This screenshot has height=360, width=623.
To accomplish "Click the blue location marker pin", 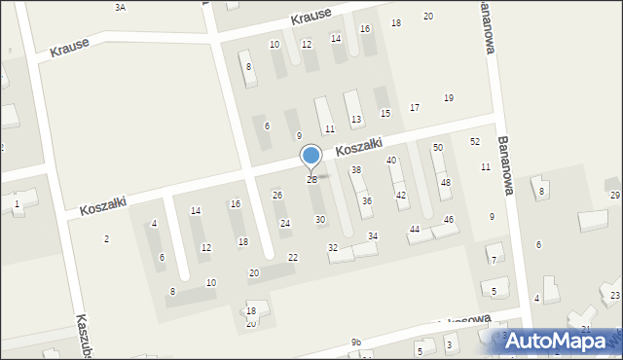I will click(311, 157).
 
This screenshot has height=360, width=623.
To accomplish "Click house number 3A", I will click(120, 7).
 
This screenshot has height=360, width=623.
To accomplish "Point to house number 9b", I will click(356, 342).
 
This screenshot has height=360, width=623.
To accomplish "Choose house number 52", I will click(475, 142).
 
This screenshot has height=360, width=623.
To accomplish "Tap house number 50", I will click(438, 147).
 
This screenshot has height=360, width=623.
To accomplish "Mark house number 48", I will click(446, 182).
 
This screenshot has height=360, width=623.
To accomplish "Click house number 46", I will click(449, 220).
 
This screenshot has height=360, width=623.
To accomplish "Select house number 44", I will click(415, 229).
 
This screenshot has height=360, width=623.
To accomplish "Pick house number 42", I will click(401, 196).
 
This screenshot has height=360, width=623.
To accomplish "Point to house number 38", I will click(357, 170).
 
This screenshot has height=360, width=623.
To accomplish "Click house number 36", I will click(367, 201).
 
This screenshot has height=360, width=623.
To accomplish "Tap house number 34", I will click(373, 236).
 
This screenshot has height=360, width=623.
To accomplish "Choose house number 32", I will click(333, 248).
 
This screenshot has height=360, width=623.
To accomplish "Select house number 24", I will click(285, 224).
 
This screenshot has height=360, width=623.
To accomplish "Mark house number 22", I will click(293, 257).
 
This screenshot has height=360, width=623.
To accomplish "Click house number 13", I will click(356, 120).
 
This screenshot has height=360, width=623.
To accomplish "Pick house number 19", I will click(449, 97).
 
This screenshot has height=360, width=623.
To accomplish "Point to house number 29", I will click(615, 196).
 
